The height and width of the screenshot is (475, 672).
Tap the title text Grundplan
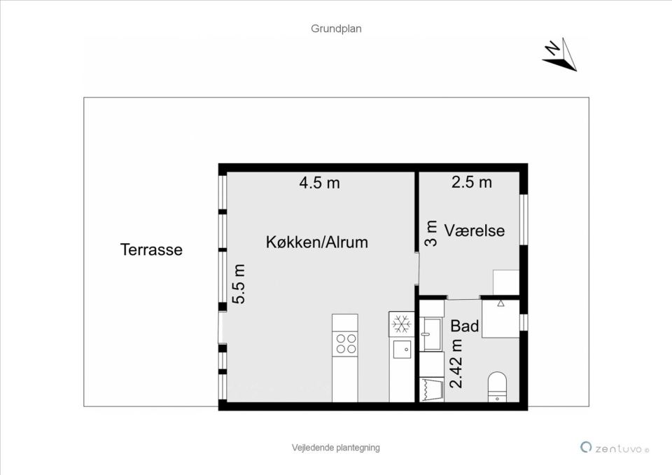coord(336,29)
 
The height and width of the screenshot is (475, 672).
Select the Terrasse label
coord(151,249)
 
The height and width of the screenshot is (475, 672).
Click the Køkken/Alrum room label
coord(316,242)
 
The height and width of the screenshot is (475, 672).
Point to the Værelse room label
coord(474,230)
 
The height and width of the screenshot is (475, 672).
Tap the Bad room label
coord(464,326)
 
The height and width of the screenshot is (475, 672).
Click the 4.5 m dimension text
coord(319,183)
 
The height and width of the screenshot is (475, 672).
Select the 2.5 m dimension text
coord(471,182)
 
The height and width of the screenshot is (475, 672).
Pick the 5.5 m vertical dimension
coord(239,284)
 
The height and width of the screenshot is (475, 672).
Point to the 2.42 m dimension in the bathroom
coord(456,363)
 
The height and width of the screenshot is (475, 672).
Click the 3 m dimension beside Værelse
coord(431,233)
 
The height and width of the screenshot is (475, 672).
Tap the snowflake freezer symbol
coord(401,324)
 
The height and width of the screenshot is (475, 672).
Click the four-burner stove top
coord(345,343)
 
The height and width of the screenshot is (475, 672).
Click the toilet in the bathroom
coord(497,387)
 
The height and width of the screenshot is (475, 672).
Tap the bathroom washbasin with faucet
coord(430,334)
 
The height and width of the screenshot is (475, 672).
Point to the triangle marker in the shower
coord(501,304)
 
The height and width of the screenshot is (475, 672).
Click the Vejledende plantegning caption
coord(336,448)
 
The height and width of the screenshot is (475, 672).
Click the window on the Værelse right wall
coord(523,219)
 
